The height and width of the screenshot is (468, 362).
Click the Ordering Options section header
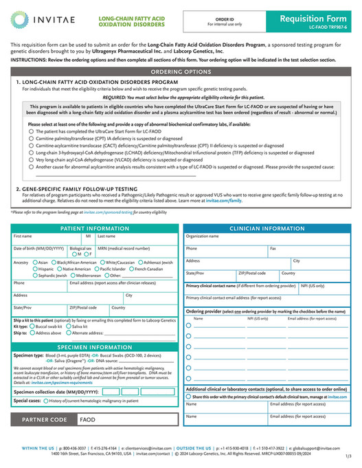point(181,71)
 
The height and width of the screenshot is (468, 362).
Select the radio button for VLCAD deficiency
point(31,159)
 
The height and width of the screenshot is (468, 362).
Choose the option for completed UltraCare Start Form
point(31,131)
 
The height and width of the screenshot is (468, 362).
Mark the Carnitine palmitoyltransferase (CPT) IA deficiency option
point(31,138)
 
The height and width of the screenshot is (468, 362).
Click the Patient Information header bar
point(94,228)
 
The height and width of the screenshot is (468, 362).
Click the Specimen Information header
point(94,348)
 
